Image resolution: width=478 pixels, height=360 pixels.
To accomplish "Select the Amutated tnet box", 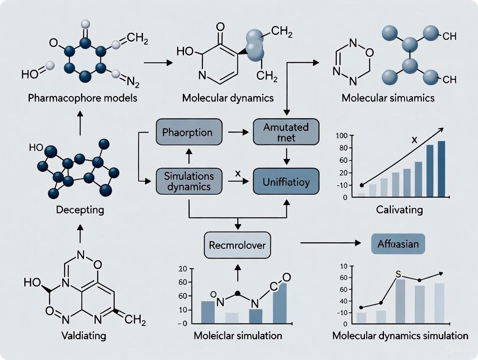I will (x=286, y=132).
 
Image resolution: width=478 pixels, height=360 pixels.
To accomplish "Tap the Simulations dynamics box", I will (x=188, y=181).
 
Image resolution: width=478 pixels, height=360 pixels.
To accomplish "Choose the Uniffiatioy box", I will (x=286, y=182).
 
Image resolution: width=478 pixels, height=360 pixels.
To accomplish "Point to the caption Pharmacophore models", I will (x=83, y=98).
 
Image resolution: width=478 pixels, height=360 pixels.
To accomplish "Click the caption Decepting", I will (x=80, y=210).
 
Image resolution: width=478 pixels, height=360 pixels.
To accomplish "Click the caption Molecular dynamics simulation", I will (x=400, y=336).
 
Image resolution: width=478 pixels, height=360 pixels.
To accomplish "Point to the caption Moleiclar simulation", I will (x=237, y=336).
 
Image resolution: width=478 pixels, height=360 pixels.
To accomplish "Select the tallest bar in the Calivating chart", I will (x=441, y=169).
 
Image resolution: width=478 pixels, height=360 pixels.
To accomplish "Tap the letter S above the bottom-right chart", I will (x=399, y=274).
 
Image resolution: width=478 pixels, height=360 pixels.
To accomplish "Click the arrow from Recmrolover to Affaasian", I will (x=331, y=243).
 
